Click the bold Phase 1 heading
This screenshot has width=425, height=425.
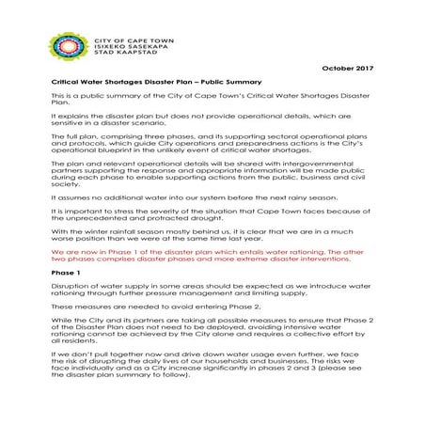[x=64, y=269]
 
